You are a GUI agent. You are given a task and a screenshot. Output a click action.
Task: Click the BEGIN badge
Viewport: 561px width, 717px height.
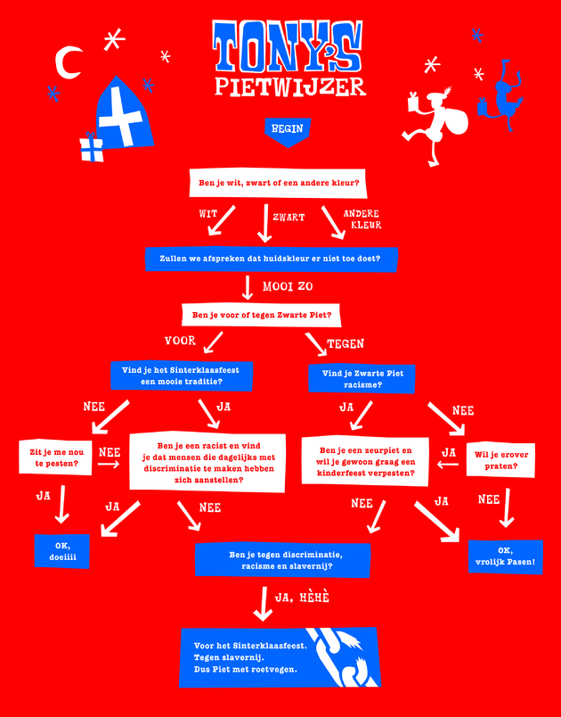[286, 129]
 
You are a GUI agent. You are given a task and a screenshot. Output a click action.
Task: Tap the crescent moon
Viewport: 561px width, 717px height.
[68, 62]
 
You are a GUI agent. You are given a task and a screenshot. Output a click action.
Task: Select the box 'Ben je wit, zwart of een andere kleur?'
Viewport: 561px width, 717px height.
[279, 184]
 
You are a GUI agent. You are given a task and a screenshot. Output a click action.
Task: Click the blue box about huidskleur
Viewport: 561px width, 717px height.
[270, 259]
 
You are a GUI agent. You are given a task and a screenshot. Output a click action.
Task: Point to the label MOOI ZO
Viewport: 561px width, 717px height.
[287, 287]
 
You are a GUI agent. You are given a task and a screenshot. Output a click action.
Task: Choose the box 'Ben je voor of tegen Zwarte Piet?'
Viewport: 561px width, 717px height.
[263, 315]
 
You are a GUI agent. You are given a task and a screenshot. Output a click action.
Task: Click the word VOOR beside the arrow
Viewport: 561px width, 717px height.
[180, 341]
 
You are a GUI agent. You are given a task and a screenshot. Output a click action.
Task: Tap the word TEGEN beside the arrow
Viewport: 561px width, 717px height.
[346, 343]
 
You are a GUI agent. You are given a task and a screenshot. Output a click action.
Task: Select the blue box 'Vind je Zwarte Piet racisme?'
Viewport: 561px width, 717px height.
[362, 379]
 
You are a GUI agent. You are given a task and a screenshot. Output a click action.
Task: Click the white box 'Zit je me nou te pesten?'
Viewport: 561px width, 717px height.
[55, 457]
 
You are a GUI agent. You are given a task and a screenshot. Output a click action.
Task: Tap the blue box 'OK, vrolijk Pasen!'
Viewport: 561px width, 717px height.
[505, 556]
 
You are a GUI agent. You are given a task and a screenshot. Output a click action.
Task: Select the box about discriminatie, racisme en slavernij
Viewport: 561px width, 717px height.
[281, 560]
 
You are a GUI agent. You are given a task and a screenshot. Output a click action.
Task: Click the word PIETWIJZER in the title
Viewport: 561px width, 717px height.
[290, 87]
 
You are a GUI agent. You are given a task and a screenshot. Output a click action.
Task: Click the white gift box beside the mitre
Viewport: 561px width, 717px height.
[91, 149]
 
